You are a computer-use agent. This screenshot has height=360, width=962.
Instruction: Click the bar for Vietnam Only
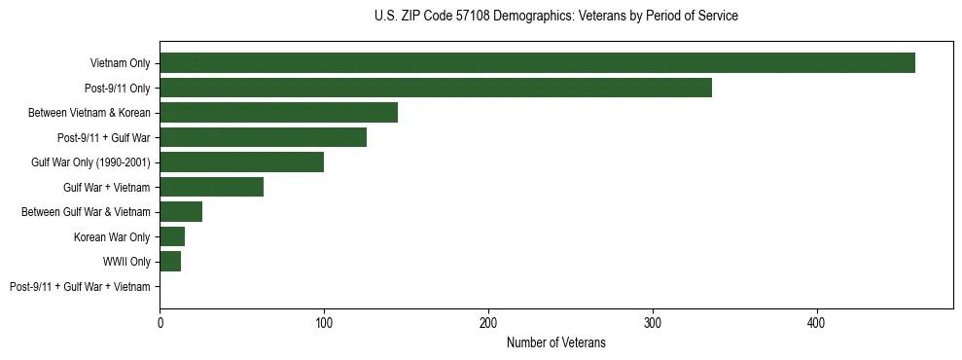[x=537, y=63]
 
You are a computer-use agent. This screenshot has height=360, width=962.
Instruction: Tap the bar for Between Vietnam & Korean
[x=279, y=112]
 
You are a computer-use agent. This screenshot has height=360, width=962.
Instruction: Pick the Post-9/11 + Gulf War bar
[x=264, y=137]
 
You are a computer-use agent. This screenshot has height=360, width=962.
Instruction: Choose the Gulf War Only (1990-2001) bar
[x=242, y=162]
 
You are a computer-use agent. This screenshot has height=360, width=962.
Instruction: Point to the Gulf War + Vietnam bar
[x=212, y=187]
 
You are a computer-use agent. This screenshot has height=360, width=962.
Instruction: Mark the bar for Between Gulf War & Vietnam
[x=181, y=211]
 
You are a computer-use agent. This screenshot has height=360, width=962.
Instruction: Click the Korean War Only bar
[x=172, y=236]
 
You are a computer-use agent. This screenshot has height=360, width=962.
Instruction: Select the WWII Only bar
[x=170, y=261]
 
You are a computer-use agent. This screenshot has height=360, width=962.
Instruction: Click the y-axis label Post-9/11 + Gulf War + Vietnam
[x=80, y=287]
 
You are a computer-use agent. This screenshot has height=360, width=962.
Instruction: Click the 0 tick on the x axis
[x=160, y=322]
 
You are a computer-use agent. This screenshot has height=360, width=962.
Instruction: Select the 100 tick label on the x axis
[x=324, y=322]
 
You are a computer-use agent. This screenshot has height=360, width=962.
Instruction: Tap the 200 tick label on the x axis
[x=488, y=322]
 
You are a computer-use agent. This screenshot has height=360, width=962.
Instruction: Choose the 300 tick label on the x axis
[x=653, y=322]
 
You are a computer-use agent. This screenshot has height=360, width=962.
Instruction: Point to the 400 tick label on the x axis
[x=817, y=322]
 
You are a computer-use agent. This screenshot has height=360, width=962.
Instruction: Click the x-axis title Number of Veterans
[x=556, y=342]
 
